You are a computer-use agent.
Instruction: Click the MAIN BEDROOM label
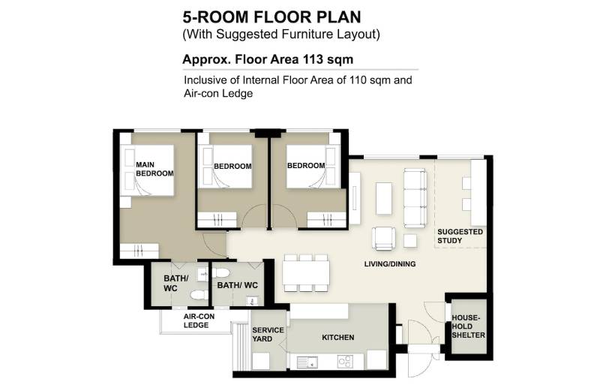pos(154,169)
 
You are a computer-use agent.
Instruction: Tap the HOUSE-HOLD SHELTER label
pos(468,326)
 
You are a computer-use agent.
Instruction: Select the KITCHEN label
pos(338,338)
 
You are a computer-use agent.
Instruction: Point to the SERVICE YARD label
pos(268,335)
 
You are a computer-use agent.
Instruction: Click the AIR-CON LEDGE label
pos(199,320)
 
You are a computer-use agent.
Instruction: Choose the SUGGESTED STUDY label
pos(460,236)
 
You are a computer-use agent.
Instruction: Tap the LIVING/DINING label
pos(390,264)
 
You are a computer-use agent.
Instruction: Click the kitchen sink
pos(307,362)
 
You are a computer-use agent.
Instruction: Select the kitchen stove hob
pos(345,361)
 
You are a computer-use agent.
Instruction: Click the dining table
pos(306,272)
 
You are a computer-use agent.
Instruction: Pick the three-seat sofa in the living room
pos(415,198)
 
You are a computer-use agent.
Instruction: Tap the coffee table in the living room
pos(384,198)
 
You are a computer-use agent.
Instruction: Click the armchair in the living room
pos(383,238)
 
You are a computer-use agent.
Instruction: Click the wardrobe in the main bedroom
pos(139,251)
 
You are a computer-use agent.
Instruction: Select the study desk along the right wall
pos(478,193)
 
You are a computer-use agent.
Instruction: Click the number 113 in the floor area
pos(313,59)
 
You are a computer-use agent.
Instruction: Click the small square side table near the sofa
pos(410,241)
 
